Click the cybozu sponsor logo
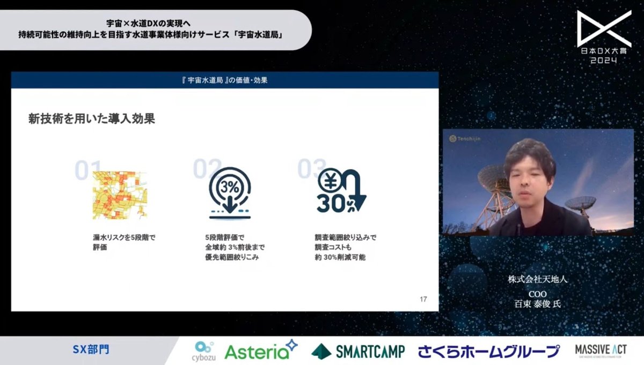pyautogui.click(x=204, y=351)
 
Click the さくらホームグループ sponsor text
pyautogui.click(x=489, y=352)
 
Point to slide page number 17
pyautogui.click(x=423, y=299)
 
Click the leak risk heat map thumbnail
pyautogui.click(x=119, y=195)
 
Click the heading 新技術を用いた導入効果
pyautogui.click(x=92, y=119)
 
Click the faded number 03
pyautogui.click(x=312, y=169)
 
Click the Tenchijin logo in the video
pyautogui.click(x=464, y=139)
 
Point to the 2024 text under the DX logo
pyautogui.click(x=604, y=60)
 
